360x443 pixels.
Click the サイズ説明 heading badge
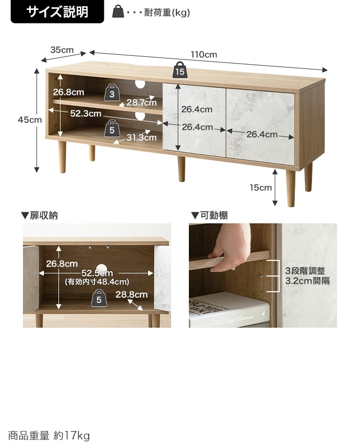pos(57,11)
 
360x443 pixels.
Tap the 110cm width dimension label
pos(203,54)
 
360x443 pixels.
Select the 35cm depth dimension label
pos(62,50)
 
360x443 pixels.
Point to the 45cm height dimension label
pos(30,119)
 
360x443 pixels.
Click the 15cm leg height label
pos(260,187)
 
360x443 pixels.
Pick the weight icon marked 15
pos(180,70)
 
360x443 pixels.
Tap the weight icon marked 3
pos(112,92)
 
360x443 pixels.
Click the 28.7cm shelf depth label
pos(141,102)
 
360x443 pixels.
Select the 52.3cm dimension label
pos(86,114)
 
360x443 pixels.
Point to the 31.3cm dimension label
pos(141,137)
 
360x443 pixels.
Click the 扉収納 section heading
pos(40,215)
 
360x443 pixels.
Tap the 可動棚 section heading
pos(209,215)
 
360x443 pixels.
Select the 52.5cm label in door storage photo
pos(97,273)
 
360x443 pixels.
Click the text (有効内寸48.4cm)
pos(97,282)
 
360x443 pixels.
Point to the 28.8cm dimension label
pos(131,295)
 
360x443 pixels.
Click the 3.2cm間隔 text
pos(307,281)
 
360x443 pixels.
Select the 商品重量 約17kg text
pos(49,435)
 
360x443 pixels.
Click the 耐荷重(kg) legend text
pos(167,13)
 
